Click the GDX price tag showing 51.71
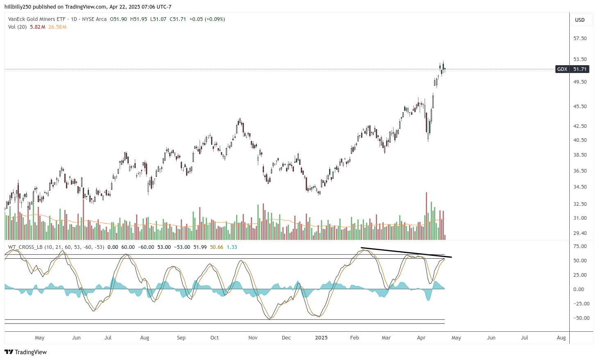[x=573, y=69]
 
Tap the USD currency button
[x=580, y=20]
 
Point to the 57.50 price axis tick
[x=580, y=39]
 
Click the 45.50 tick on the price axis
[x=580, y=107]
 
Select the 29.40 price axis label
[x=580, y=233]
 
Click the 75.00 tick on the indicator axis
[x=580, y=246]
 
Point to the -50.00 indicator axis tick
[x=580, y=318]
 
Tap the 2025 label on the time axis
[x=321, y=338]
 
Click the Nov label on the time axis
[x=253, y=338]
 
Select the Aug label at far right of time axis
[x=561, y=338]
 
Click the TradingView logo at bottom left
[x=26, y=352]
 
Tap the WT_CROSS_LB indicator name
[x=25, y=247]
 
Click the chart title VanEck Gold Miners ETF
[x=37, y=19]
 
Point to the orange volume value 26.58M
[x=57, y=27]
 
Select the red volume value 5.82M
[x=37, y=27]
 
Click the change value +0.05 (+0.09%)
[x=207, y=19]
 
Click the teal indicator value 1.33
[x=232, y=247]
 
